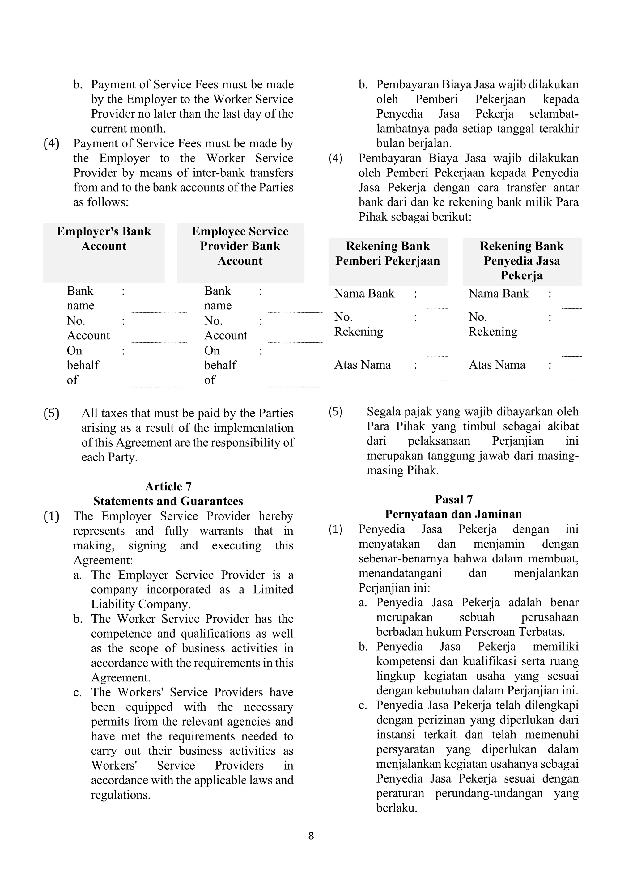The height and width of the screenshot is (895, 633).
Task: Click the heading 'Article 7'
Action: point(168,486)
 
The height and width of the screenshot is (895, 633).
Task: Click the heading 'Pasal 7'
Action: point(453,499)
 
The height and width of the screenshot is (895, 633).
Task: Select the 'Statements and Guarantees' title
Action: point(168,501)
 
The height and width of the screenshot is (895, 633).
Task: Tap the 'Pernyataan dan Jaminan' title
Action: point(453,514)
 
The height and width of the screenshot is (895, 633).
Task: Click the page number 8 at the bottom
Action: point(311,836)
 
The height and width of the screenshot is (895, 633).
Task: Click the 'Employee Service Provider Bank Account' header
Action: point(240,246)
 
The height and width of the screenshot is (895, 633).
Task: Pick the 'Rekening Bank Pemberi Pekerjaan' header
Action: point(388,253)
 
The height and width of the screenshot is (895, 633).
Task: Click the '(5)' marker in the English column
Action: point(51,413)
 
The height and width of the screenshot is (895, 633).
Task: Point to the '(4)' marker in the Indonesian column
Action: point(335,158)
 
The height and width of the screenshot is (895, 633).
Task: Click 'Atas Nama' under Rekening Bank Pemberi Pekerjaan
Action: point(363,365)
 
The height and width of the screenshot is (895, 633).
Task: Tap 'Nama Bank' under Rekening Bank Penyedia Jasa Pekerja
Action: point(498,294)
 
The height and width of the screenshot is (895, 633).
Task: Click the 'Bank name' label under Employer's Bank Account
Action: point(80,298)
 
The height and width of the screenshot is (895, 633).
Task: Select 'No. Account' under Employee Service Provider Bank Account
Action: point(225,328)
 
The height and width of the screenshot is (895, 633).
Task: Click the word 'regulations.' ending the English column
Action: point(121,795)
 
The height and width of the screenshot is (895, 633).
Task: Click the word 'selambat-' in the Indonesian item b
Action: point(554,114)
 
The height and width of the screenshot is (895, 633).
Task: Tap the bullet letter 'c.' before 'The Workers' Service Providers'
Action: point(77,692)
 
